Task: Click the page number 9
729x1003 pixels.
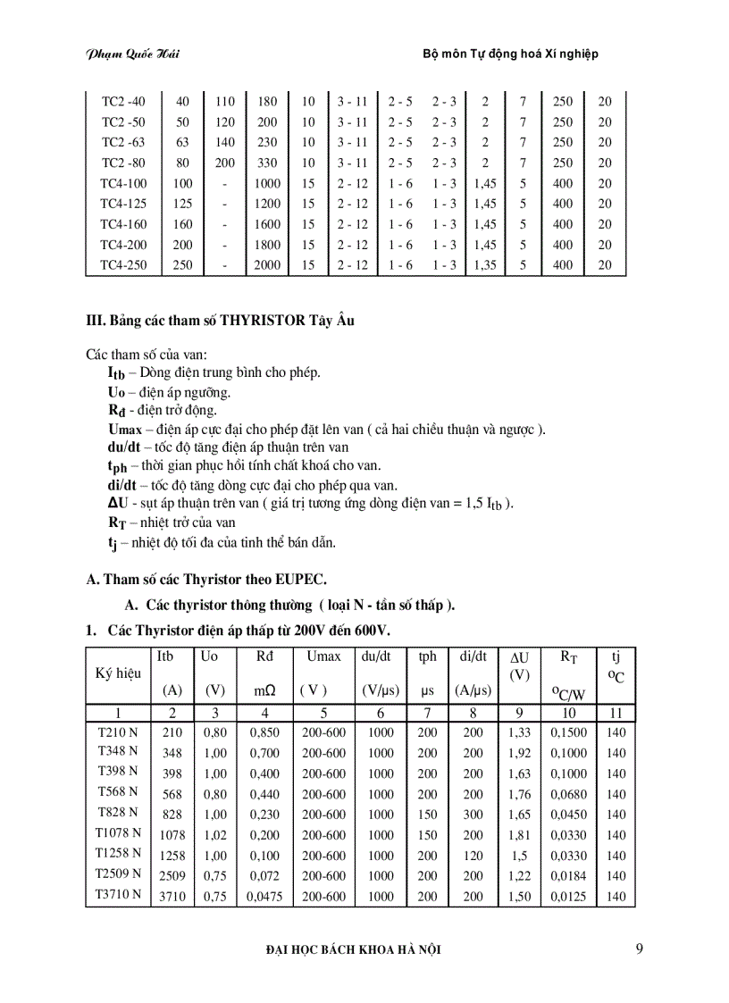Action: (639, 949)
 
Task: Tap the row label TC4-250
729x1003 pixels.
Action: (123, 265)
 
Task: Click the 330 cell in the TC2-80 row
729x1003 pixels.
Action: (266, 163)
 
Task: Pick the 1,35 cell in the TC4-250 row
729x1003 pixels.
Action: (485, 265)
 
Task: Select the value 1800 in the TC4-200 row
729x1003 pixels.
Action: (266, 245)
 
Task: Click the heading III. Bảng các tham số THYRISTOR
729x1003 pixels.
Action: (220, 321)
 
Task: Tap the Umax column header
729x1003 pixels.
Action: (323, 656)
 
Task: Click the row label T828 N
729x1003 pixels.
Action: (118, 813)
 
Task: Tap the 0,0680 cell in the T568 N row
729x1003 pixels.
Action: (569, 794)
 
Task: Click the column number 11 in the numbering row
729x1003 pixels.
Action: (616, 713)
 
